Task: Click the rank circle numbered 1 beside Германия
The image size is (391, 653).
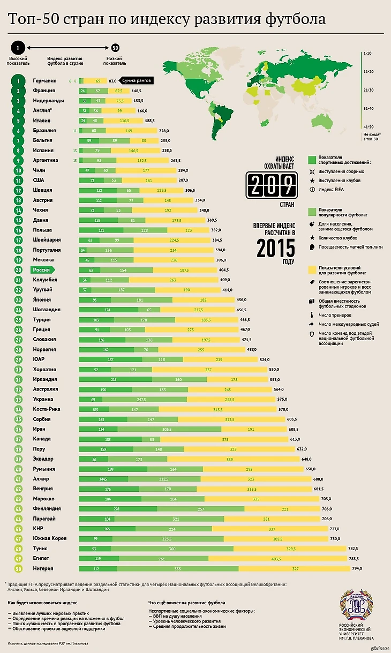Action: (18, 81)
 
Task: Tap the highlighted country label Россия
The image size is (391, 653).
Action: (41, 270)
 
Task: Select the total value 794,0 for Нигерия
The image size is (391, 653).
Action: (368, 568)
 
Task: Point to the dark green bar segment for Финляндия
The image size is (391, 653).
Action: (117, 508)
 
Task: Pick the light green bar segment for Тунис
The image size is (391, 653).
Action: (173, 549)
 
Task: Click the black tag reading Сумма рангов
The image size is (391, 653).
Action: (136, 81)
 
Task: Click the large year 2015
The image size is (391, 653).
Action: (275, 247)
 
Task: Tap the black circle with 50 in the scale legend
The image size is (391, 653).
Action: (115, 47)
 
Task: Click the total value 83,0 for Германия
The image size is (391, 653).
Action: (112, 81)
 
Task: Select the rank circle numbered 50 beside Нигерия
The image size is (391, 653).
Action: (18, 568)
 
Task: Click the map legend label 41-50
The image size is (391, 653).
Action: (368, 127)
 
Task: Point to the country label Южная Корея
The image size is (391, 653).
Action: (50, 538)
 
